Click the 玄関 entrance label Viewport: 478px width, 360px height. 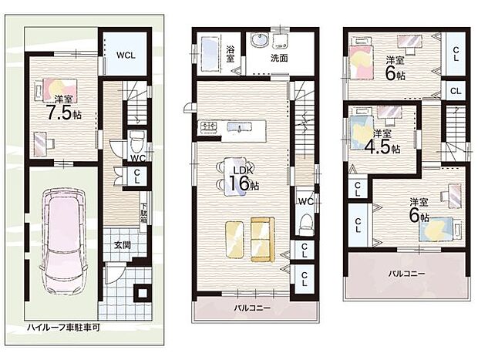(123, 245)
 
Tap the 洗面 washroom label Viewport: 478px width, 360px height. (279, 58)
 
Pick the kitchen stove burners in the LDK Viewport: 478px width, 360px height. (209, 126)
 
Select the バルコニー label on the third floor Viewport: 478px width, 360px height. (406, 274)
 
